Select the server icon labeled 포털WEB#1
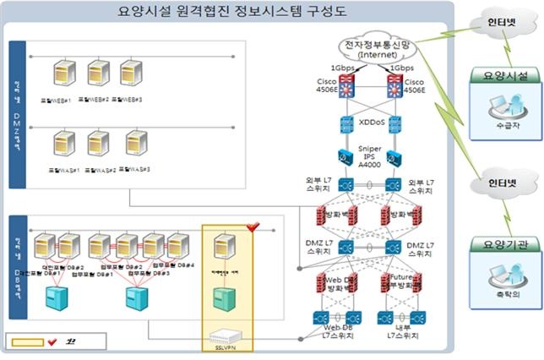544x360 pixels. (x=62, y=74)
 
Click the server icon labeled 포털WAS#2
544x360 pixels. (x=99, y=145)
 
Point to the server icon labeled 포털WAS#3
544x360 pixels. (x=135, y=145)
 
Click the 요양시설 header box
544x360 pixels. (x=505, y=76)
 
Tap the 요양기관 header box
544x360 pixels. (x=505, y=245)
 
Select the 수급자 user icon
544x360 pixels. (x=504, y=107)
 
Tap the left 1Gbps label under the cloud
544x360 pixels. (x=342, y=68)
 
